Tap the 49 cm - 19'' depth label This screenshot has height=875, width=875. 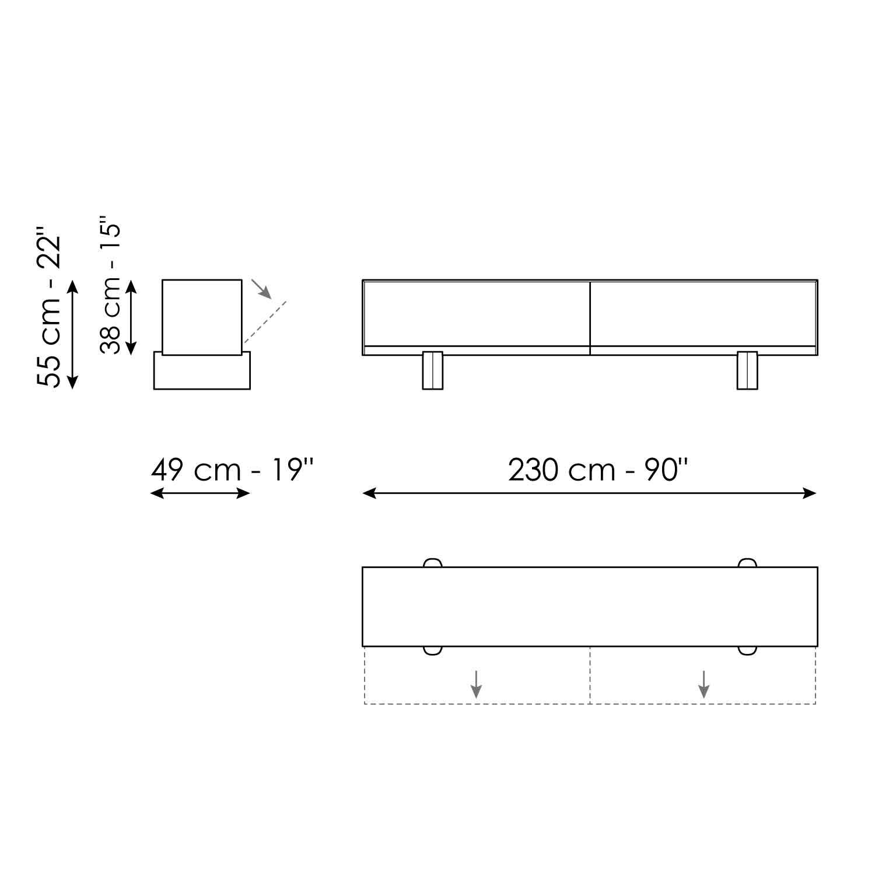click(x=232, y=470)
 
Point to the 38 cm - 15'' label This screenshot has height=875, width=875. click(x=110, y=285)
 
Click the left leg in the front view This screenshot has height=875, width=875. click(x=432, y=370)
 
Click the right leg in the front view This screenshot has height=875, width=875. click(x=747, y=370)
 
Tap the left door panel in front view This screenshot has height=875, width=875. click(x=476, y=313)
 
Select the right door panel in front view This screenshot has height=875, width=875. click(x=703, y=313)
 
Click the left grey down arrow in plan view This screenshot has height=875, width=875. click(x=477, y=684)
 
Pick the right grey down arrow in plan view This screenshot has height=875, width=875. click(x=704, y=684)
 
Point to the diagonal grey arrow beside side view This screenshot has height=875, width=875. click(x=261, y=289)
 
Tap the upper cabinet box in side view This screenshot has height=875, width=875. click(x=202, y=316)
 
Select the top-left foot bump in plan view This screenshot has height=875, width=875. click(x=432, y=563)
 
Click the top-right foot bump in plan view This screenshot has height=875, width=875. click(x=747, y=563)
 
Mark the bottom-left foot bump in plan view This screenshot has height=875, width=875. click(x=432, y=650)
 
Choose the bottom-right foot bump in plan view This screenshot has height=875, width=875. click(x=747, y=650)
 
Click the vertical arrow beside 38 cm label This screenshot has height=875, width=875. click(x=131, y=317)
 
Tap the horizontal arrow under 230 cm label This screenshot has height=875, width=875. click(x=589, y=494)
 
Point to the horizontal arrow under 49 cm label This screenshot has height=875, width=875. click(x=200, y=494)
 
